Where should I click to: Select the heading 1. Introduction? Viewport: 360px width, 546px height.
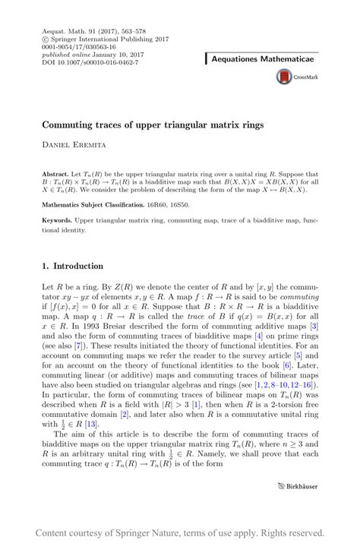72,266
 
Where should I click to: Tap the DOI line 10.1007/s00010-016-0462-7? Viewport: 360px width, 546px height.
87,63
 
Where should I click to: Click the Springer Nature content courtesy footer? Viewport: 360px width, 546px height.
179,532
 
